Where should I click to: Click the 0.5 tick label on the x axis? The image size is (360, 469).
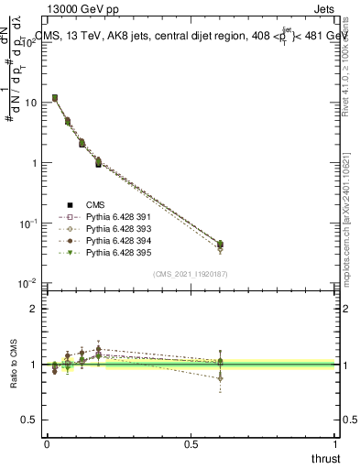click(191, 445)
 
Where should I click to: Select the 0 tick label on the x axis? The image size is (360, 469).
click(47, 445)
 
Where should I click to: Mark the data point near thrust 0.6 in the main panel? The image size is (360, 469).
click(220, 245)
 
